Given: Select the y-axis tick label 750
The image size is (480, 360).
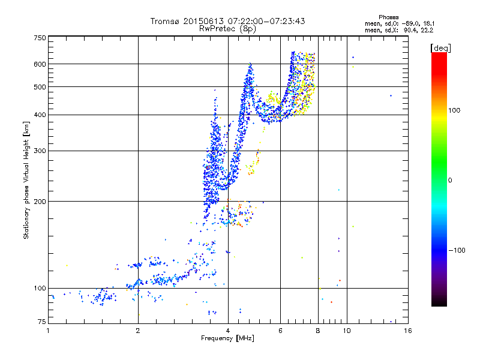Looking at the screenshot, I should point(39,38).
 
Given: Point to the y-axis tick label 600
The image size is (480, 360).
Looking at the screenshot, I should point(39,64).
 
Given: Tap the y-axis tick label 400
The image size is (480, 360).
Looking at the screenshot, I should point(39,115).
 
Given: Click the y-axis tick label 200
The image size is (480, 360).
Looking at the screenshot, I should point(39,201).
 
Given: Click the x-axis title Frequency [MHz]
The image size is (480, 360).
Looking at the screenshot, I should point(227,339).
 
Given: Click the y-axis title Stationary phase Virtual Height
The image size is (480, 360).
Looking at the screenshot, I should point(26,180).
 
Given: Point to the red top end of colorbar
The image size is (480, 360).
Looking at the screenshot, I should point(439,55).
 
